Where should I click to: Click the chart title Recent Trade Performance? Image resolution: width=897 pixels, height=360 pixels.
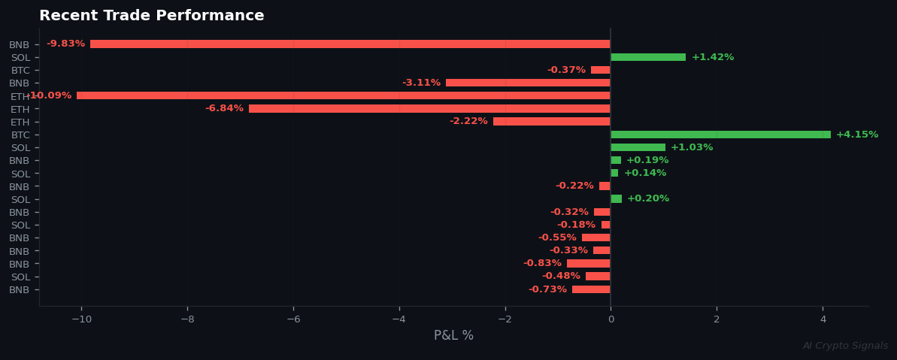[151, 16]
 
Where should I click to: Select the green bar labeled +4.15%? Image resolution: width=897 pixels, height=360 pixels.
[720, 135]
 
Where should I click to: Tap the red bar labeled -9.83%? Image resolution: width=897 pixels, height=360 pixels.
[350, 44]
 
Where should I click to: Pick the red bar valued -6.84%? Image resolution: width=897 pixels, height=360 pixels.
[429, 109]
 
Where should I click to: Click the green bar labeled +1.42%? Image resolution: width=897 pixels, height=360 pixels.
[648, 57]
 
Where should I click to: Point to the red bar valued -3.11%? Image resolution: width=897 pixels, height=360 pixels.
[528, 83]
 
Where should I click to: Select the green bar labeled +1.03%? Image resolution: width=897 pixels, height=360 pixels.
[638, 147]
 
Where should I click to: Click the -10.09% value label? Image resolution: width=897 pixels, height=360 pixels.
[50, 96]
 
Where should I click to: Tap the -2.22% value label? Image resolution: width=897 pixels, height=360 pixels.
[468, 122]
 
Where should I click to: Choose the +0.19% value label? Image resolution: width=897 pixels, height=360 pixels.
[647, 160]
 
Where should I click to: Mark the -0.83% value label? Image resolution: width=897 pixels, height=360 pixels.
[542, 263]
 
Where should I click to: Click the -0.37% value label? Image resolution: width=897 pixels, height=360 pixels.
[566, 70]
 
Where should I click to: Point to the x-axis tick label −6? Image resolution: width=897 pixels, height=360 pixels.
[293, 319]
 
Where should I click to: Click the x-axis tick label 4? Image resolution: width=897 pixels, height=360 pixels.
[823, 319]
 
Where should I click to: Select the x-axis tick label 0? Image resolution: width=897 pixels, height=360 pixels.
[611, 319]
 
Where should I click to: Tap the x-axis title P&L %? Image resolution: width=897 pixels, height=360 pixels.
[453, 336]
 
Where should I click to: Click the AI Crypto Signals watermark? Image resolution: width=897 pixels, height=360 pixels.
[845, 346]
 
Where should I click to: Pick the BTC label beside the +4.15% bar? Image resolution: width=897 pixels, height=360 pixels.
[20, 135]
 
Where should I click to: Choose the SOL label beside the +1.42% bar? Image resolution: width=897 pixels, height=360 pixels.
[20, 58]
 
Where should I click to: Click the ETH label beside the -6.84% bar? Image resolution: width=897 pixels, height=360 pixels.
[20, 110]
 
